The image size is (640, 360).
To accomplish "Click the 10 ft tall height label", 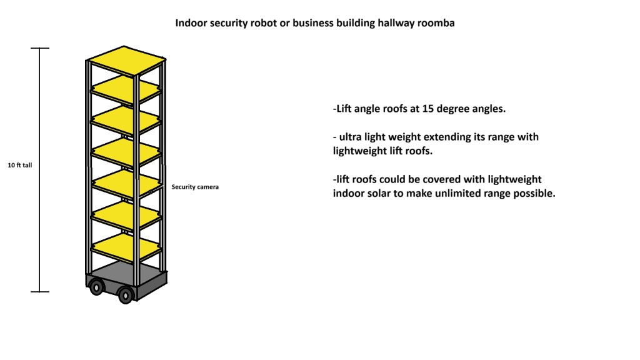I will tap(20, 166).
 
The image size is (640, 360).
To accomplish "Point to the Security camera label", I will tap(195, 186).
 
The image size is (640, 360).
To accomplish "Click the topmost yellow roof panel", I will tap(126, 61).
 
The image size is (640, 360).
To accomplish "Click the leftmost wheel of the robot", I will tap(96, 287).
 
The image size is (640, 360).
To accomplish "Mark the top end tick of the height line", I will tap(40, 48).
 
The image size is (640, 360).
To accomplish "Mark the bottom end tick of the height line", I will tap(40, 291).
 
